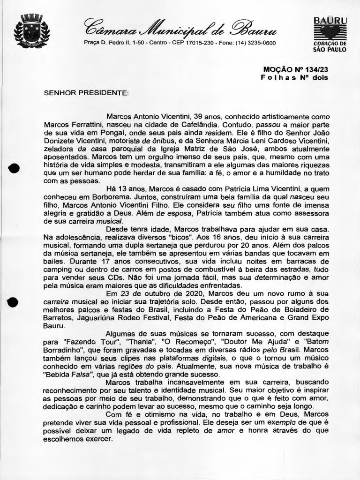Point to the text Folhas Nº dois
[294, 77]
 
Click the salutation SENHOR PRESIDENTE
[86, 92]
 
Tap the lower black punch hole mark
[13, 303]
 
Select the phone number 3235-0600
[260, 43]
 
